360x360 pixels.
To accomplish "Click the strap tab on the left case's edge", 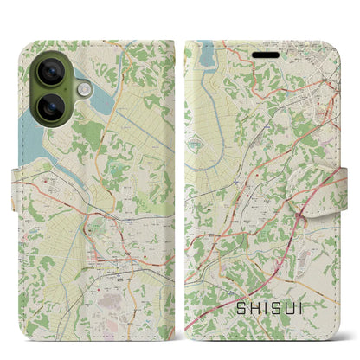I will [19, 180].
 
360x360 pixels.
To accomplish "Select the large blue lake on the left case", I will [26, 130].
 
